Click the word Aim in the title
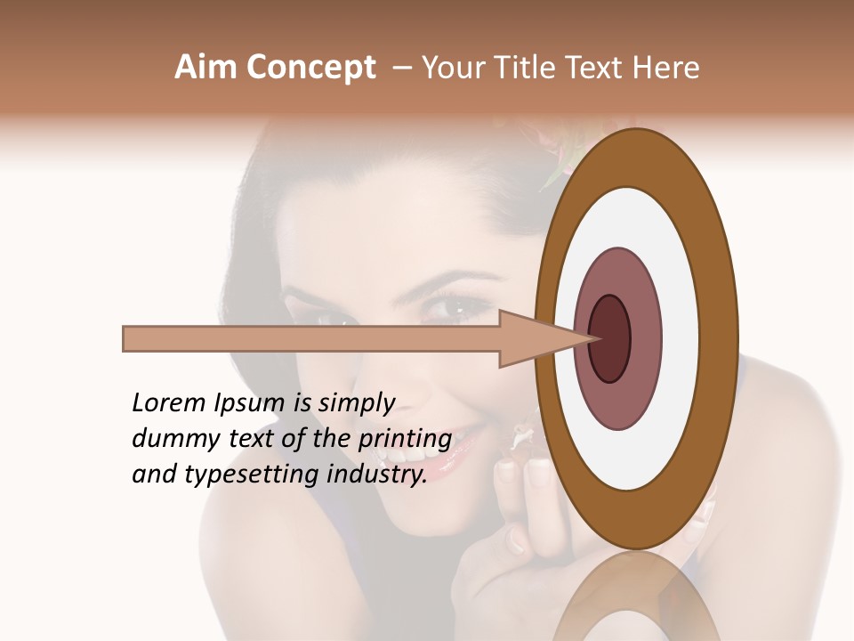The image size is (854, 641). (x=204, y=68)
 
